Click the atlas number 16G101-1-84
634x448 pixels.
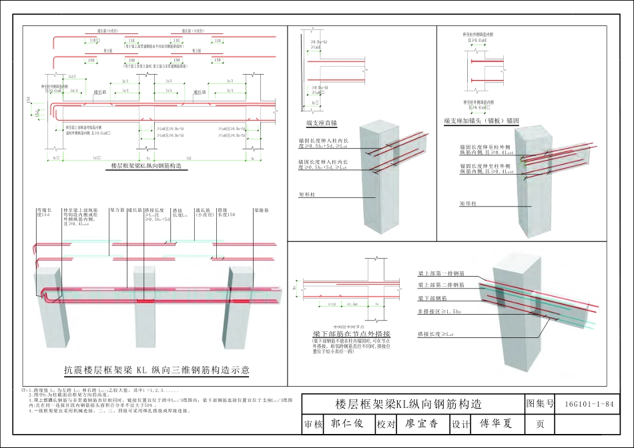coord(588,404)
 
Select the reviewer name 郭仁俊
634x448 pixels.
coord(347,423)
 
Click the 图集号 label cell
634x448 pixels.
coord(541,404)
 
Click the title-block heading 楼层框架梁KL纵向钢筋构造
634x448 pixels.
coord(408,405)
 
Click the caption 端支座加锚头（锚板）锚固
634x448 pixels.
coord(481,121)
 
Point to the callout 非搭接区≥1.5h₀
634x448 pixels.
coord(438,311)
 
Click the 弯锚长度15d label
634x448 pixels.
coord(44,213)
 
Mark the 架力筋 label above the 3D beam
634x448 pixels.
coord(117,210)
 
